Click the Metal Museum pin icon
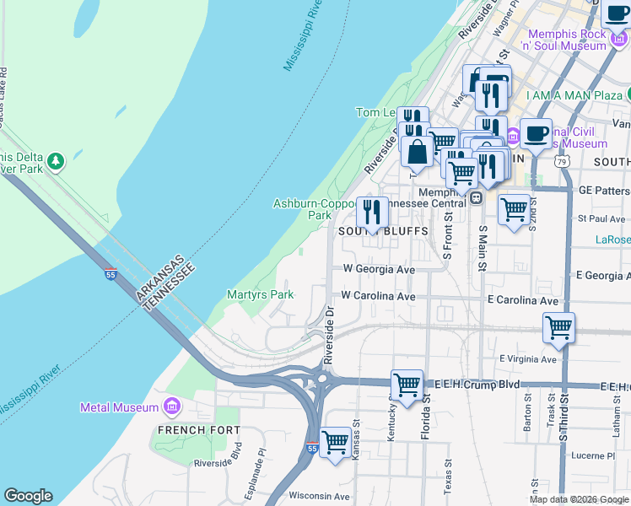click(173, 407)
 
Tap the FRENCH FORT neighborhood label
click(188, 430)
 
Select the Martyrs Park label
click(260, 294)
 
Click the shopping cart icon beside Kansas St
click(336, 442)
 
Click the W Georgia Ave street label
click(379, 269)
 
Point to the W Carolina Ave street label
click(378, 297)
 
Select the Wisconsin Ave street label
click(319, 496)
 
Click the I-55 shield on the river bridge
click(111, 274)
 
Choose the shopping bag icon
click(418, 152)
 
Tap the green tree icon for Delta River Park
click(56, 159)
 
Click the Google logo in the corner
click(28, 496)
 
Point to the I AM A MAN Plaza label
click(574, 96)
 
